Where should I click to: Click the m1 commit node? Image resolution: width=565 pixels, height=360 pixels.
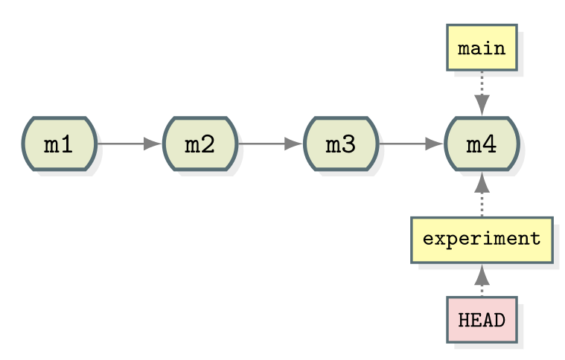(59, 144)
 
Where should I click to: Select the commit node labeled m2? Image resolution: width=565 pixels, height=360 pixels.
(199, 144)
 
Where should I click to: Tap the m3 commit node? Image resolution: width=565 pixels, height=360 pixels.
(341, 144)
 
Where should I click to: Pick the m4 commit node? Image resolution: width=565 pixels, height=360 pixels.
(482, 144)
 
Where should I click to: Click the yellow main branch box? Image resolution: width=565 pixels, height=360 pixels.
(482, 48)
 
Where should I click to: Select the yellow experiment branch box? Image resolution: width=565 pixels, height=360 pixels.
(482, 240)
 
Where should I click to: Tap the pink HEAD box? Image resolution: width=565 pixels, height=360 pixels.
(482, 320)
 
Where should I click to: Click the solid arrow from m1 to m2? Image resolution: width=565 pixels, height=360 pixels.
(123, 144)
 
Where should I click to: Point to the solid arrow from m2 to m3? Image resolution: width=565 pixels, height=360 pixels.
(264, 144)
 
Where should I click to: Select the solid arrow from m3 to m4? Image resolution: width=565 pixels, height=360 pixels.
(406, 144)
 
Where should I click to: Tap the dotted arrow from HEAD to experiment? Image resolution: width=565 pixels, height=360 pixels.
(482, 282)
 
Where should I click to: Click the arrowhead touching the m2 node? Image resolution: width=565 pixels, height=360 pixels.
(152, 144)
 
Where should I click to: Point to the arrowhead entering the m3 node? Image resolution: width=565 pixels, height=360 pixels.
(293, 144)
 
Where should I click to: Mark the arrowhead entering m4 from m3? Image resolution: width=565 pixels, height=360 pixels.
(434, 144)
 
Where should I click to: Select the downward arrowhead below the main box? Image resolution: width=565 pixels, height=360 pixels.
(482, 105)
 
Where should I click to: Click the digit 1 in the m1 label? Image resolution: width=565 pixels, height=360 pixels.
(67, 144)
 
